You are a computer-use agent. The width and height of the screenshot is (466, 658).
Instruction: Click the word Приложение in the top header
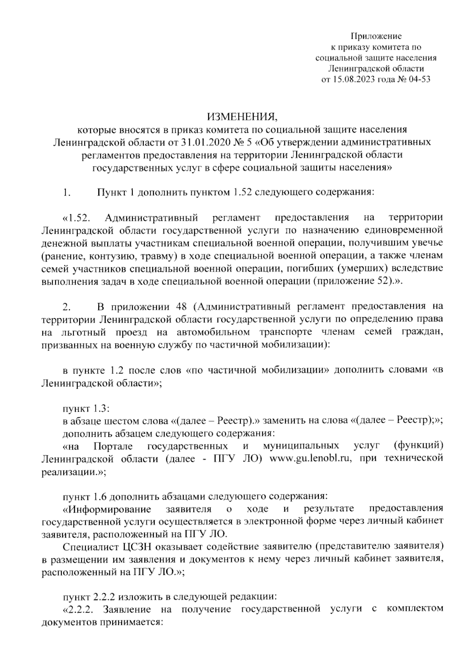(x=376, y=36)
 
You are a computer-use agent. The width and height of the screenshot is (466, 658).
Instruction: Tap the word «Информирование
(x=106, y=509)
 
